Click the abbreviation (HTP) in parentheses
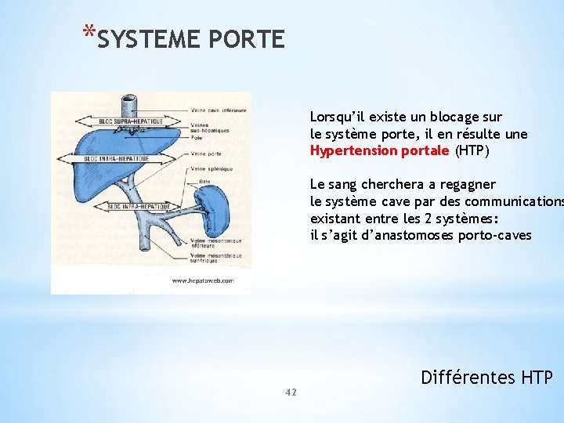pos(472,150)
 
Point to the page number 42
pos(291,392)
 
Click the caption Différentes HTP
pos(486,378)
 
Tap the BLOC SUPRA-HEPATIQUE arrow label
pos(130,121)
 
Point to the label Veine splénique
pos(209,168)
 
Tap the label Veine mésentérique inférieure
pos(216,243)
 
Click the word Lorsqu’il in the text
pos(338,117)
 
